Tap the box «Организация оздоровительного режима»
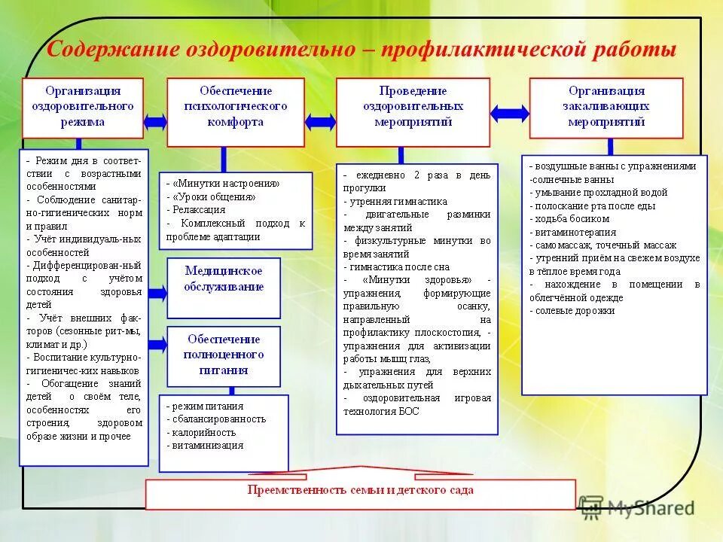point(83,107)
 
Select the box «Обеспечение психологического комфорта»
point(235,107)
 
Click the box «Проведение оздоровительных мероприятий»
point(412,107)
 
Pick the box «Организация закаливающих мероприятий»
point(606,107)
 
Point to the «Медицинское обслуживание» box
point(224,278)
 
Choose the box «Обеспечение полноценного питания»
point(224,355)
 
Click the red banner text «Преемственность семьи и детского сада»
point(360,490)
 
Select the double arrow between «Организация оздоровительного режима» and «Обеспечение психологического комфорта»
point(155,120)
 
